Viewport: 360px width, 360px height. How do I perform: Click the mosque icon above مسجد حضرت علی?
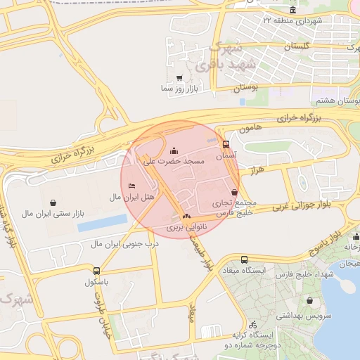pos(174,150)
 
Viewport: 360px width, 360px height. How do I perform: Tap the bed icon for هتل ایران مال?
pos(132,186)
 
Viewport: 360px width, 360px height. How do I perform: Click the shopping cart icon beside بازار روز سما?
pos(179,78)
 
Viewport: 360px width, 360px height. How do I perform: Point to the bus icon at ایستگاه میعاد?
pos(244,259)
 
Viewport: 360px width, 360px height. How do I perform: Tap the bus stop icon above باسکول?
pos(96,270)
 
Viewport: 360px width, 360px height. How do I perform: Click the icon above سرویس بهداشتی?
pos(309,301)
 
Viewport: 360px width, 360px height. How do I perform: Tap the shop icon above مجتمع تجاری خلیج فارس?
pos(234,192)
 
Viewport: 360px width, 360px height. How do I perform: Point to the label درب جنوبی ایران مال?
pos(124,244)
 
